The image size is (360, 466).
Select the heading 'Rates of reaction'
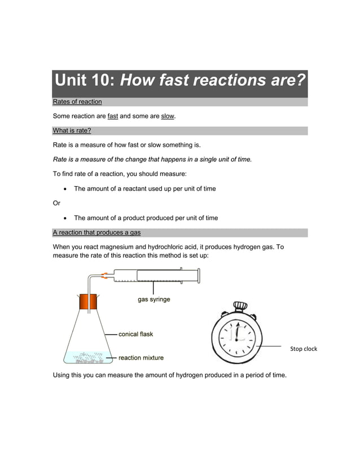tap(77, 102)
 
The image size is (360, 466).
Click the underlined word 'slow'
tap(168, 117)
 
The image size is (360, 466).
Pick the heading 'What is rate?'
tap(72, 131)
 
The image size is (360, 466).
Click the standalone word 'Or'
tap(56, 203)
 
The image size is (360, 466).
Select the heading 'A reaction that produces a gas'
tap(96, 233)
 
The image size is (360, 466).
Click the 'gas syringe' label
tap(154, 300)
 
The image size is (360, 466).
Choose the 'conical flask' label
tap(135, 334)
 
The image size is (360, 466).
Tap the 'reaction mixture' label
tap(141, 358)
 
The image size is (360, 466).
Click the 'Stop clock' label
tap(304, 349)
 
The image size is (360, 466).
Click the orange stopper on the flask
tap(88, 303)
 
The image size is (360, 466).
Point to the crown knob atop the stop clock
tap(240, 306)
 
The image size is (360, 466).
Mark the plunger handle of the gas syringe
tap(199, 276)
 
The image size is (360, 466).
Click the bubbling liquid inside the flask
tap(87, 356)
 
